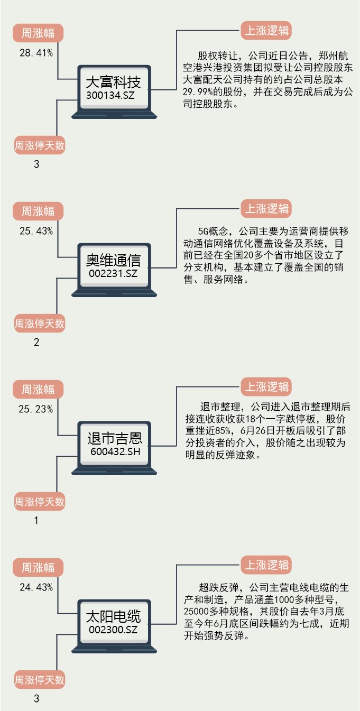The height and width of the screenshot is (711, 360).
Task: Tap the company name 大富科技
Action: pyautogui.click(x=114, y=82)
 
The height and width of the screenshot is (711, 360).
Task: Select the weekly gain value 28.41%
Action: pyautogui.click(x=36, y=53)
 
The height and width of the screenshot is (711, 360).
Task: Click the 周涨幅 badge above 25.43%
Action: pyautogui.click(x=38, y=211)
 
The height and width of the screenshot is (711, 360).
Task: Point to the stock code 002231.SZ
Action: pyautogui.click(x=114, y=273)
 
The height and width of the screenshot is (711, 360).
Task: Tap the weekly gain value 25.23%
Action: pyautogui.click(x=36, y=409)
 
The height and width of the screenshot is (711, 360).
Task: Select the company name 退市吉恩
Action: pyautogui.click(x=115, y=439)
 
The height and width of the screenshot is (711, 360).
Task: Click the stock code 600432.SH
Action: pyautogui.click(x=115, y=451)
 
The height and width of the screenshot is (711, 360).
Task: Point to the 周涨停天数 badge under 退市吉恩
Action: pyautogui.click(x=39, y=501)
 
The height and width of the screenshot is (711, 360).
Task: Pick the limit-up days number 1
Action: pyautogui.click(x=36, y=521)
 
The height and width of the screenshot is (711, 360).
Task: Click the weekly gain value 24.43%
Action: pyautogui.click(x=36, y=587)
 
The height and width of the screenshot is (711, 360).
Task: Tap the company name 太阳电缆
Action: pyautogui.click(x=114, y=617)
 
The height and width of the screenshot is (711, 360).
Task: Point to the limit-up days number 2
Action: pyautogui.click(x=36, y=343)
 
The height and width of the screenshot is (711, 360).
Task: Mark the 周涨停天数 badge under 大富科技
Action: pyautogui.click(x=39, y=145)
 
